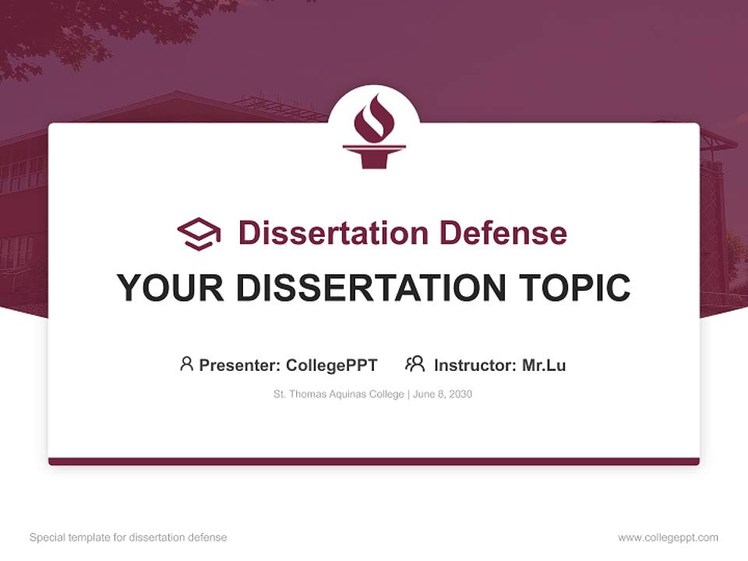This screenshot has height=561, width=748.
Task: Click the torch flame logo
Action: (374, 130)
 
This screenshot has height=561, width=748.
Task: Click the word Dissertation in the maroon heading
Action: (333, 233)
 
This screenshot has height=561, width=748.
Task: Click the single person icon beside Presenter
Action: (186, 364)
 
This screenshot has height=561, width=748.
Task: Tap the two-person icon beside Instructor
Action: (415, 364)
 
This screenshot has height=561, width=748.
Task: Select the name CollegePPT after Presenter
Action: (331, 365)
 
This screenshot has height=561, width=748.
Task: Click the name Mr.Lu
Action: (544, 365)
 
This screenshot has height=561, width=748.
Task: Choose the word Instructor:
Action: (475, 365)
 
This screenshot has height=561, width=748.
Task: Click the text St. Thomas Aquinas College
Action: (337, 394)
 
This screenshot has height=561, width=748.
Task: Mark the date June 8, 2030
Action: (443, 394)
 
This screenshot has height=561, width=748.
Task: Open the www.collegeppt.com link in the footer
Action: (668, 538)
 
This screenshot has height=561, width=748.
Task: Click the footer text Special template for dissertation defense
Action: (129, 538)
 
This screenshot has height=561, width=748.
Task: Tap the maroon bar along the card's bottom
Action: (374, 461)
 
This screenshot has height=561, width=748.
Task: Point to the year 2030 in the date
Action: (460, 394)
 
